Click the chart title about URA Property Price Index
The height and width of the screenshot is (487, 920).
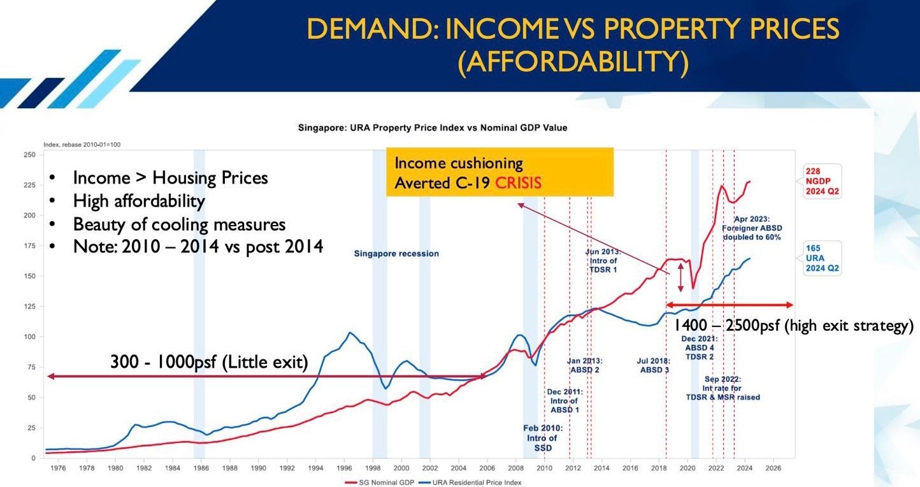tap(433, 127)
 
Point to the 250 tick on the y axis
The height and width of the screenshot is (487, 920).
tap(29, 155)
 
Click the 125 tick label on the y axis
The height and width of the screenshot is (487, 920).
tap(29, 307)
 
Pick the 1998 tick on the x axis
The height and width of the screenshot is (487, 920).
tap(373, 468)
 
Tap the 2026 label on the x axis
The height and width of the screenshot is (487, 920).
tap(773, 468)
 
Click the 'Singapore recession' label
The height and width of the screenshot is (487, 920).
tap(396, 254)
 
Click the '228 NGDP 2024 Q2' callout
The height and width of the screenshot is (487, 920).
tap(823, 182)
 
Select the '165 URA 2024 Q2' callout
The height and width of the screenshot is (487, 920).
tap(823, 258)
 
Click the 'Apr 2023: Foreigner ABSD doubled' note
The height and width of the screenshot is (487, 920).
tap(751, 228)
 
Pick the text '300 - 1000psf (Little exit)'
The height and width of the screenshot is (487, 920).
tap(209, 363)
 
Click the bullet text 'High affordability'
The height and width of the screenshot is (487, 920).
tap(139, 201)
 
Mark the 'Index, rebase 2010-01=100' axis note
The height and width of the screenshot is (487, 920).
tap(82, 145)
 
